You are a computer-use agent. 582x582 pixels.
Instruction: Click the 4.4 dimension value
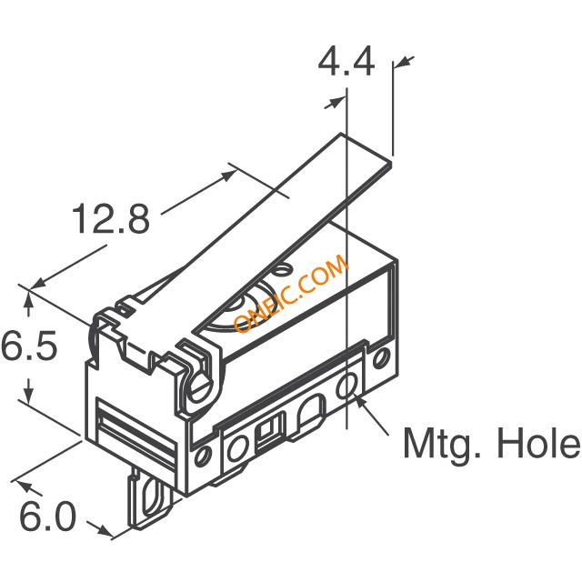(346, 63)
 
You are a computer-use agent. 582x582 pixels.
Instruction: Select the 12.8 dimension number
(111, 219)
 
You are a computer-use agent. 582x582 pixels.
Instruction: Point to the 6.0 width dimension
(47, 516)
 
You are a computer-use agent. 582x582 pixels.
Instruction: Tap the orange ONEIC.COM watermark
(291, 293)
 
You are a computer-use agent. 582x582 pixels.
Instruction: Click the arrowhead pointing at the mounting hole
(359, 402)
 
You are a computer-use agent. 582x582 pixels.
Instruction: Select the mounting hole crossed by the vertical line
(347, 386)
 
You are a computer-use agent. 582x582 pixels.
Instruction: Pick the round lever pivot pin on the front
(201, 389)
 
